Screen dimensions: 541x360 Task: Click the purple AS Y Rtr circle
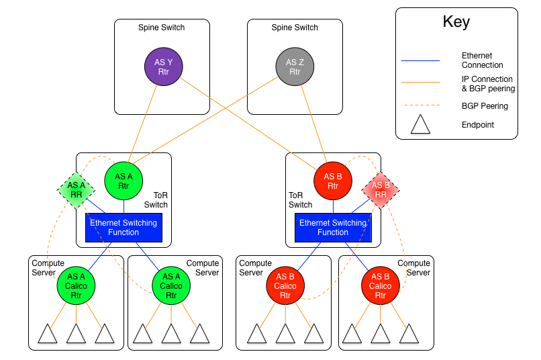click(x=164, y=66)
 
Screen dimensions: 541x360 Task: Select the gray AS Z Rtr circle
click(x=295, y=66)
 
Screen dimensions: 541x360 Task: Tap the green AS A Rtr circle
click(x=124, y=181)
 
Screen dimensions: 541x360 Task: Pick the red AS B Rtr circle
click(x=333, y=181)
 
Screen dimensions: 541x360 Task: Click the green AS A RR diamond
click(x=76, y=190)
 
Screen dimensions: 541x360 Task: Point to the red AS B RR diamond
click(x=381, y=190)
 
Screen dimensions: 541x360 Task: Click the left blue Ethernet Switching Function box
click(x=124, y=228)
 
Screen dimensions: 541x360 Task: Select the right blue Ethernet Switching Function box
click(x=334, y=228)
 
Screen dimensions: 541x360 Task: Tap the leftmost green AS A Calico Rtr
click(x=76, y=285)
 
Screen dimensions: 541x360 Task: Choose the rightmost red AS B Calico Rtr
click(x=381, y=285)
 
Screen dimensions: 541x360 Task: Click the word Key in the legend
click(x=456, y=21)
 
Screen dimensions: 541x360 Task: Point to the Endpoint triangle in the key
click(x=420, y=124)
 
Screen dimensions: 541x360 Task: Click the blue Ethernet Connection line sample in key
click(x=420, y=60)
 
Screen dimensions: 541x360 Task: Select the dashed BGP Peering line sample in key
click(x=420, y=105)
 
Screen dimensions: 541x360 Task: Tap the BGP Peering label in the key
click(x=485, y=106)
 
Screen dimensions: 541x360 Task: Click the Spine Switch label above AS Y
click(x=162, y=28)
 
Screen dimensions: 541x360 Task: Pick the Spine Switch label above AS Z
click(x=295, y=28)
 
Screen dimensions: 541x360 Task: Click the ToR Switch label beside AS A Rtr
click(x=156, y=200)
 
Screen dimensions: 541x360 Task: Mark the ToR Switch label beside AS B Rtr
click(x=301, y=200)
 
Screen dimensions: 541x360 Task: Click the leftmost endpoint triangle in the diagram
click(x=47, y=333)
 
